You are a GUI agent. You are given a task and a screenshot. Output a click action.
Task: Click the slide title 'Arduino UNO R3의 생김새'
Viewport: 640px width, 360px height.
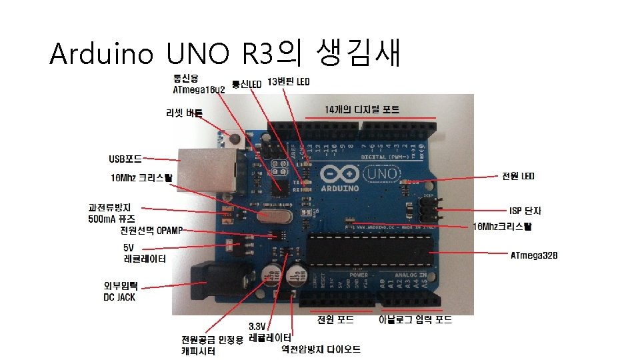[x=225, y=53]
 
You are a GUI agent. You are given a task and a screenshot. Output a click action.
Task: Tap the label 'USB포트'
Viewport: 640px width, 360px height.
[x=125, y=159]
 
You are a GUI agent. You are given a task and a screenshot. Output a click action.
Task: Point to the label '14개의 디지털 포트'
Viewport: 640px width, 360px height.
[x=362, y=109]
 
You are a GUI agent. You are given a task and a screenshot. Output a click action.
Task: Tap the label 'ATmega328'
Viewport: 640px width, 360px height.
[x=533, y=255]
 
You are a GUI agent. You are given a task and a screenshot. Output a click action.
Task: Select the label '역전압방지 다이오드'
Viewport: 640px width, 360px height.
[x=321, y=349]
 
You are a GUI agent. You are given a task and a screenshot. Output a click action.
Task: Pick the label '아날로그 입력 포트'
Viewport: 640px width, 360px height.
[x=415, y=320]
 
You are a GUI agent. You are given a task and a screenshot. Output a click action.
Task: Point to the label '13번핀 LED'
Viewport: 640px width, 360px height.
[x=289, y=82]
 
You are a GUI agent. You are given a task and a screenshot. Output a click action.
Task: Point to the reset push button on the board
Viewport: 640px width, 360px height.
[x=234, y=139]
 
